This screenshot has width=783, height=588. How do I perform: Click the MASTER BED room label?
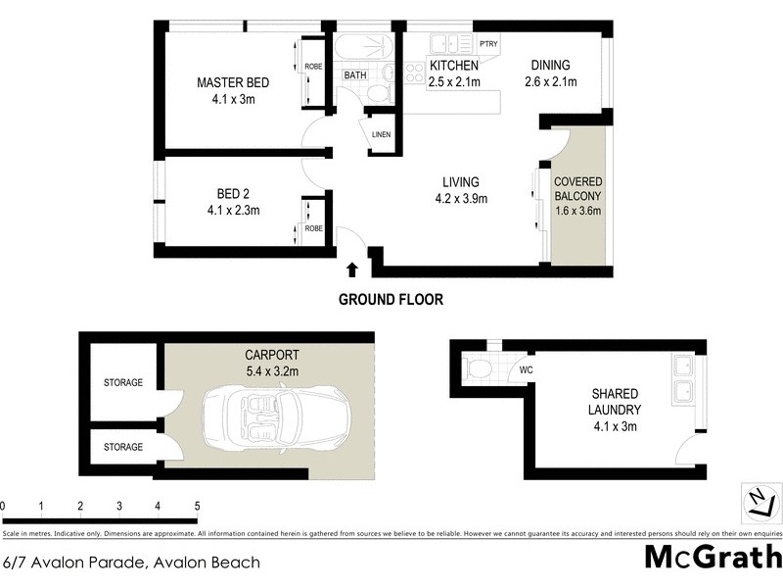pos(232,83)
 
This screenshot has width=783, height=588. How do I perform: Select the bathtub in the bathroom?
pos(363,48)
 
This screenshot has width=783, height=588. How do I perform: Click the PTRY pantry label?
pos(489,43)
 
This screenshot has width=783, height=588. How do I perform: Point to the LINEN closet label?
pos(381,135)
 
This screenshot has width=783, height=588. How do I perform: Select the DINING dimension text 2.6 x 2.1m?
pos(550,82)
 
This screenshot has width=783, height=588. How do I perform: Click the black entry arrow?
pos(351,269)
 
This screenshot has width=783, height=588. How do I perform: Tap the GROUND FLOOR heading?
pos(391,300)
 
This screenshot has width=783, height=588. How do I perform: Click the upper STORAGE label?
pos(123,382)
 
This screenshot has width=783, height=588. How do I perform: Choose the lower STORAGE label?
pos(123,447)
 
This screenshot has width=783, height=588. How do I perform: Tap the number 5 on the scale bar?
pos(197,506)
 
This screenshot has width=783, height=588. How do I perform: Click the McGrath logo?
pos(712,556)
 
